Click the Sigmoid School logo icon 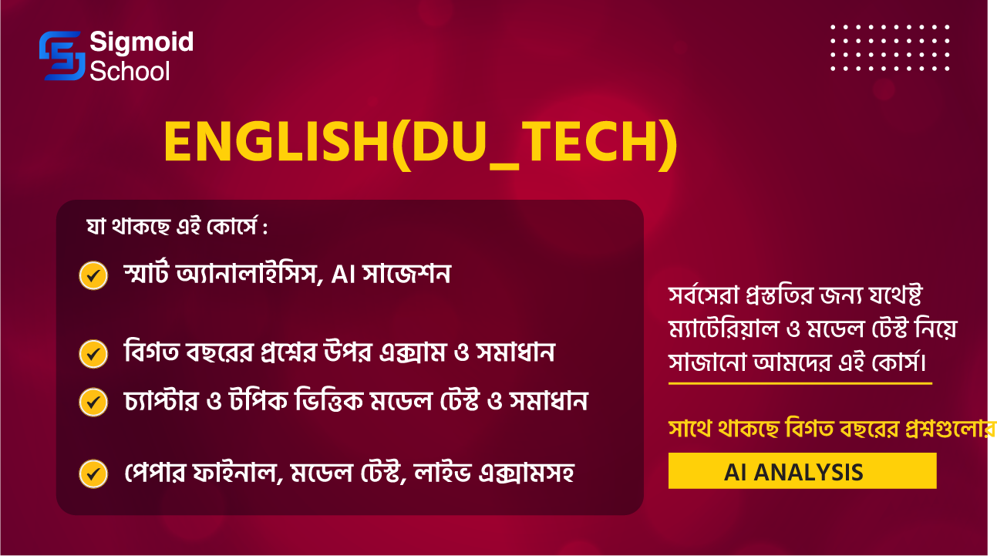pyautogui.click(x=61, y=56)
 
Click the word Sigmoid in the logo pyautogui.click(x=141, y=42)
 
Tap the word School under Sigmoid pyautogui.click(x=130, y=71)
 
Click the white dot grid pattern pyautogui.click(x=890, y=48)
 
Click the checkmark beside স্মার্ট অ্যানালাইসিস pyautogui.click(x=93, y=275)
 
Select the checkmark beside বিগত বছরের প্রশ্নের pyautogui.click(x=93, y=354)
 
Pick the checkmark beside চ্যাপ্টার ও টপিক pyautogui.click(x=93, y=401)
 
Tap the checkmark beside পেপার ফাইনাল pyautogui.click(x=93, y=473)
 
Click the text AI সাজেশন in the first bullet pyautogui.click(x=390, y=275)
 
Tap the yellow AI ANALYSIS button pyautogui.click(x=802, y=471)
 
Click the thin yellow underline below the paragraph pyautogui.click(x=800, y=382)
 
